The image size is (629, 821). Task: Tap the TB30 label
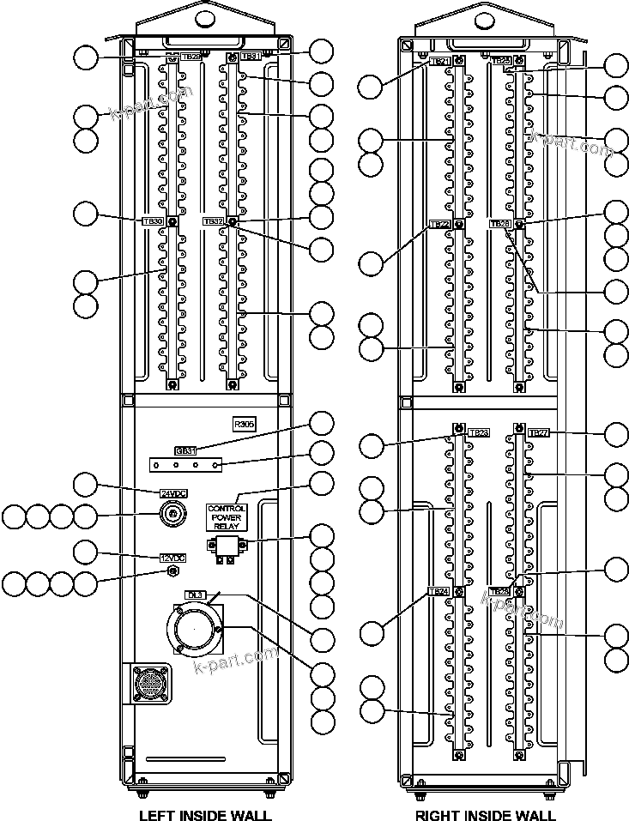153,221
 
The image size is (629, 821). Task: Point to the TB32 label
214,221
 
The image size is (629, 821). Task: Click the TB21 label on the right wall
438,61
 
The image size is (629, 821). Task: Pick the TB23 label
478,433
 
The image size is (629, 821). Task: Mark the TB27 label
538,433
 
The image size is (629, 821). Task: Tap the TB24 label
438,591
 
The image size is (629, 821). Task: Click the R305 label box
245,424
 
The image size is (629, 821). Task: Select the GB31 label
185,450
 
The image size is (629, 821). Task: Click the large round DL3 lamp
195,631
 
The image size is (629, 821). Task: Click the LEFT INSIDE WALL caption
205,815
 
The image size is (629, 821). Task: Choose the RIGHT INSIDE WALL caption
485,815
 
